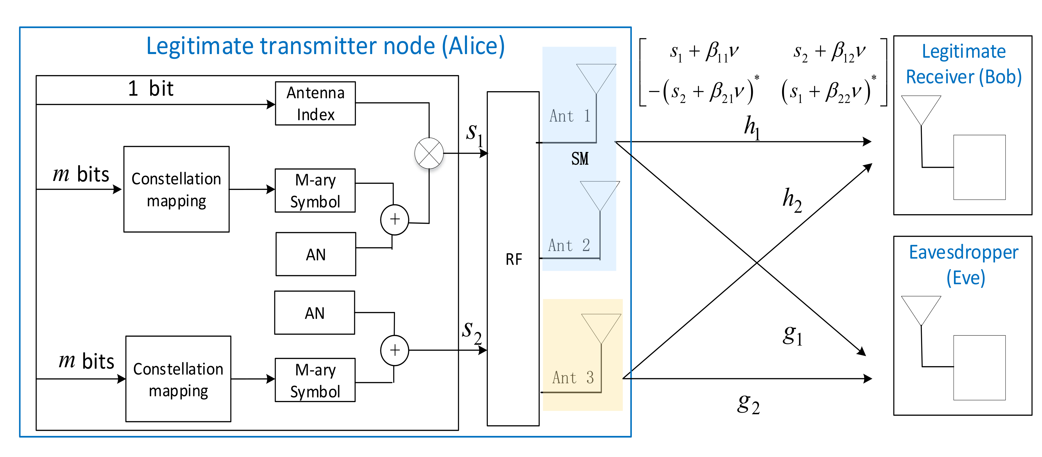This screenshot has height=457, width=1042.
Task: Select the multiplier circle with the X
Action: tap(429, 153)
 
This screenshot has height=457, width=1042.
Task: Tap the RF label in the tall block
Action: tap(513, 259)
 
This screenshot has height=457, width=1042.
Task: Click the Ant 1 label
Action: tap(570, 116)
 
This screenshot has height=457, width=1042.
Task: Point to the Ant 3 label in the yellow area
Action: tap(573, 378)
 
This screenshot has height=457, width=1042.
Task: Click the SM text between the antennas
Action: tap(580, 159)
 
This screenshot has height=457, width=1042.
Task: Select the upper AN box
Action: tap(316, 254)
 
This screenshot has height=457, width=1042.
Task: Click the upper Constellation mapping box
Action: tap(176, 189)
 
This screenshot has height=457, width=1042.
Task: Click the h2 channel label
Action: tap(792, 200)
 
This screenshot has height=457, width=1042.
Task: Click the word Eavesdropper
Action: tap(963, 253)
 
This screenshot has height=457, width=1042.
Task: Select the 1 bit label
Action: tap(151, 89)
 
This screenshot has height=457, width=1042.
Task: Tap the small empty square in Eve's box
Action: tap(979, 368)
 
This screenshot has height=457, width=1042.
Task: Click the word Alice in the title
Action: tap(473, 46)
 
